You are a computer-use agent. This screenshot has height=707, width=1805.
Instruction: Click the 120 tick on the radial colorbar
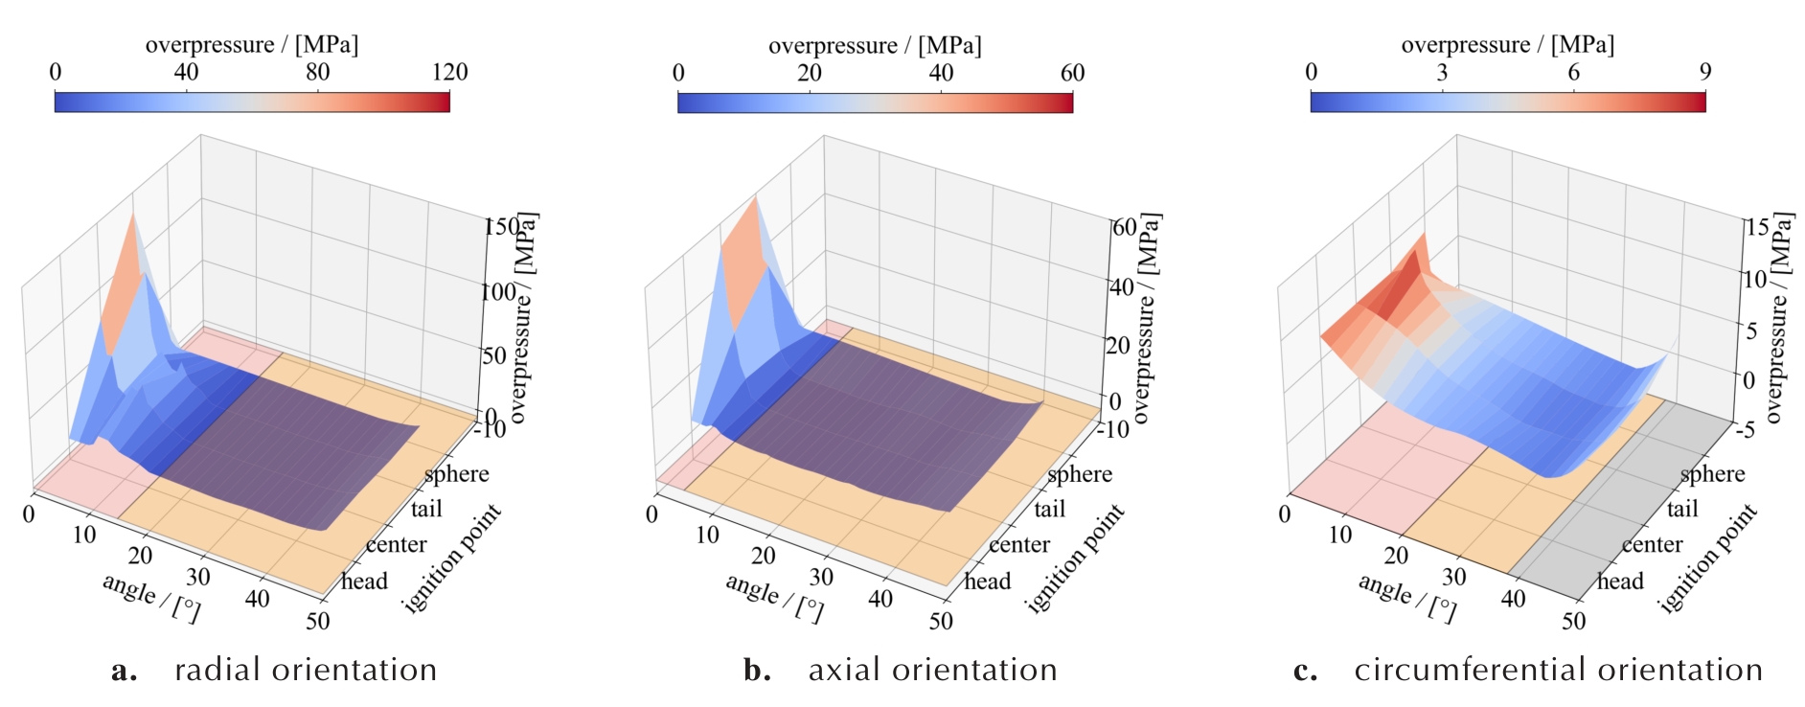click(x=449, y=73)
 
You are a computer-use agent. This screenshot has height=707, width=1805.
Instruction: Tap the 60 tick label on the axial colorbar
click(x=1072, y=73)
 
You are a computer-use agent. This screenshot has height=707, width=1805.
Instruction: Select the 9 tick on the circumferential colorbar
click(x=1705, y=73)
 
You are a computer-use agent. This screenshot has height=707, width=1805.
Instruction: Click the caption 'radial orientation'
click(x=306, y=670)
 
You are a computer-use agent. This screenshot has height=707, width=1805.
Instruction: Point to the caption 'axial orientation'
click(x=932, y=670)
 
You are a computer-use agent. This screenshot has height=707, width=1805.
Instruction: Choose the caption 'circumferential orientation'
click(x=1558, y=670)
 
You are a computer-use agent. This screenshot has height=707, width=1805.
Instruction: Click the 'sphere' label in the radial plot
click(x=457, y=474)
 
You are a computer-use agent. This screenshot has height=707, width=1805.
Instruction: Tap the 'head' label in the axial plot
click(x=988, y=582)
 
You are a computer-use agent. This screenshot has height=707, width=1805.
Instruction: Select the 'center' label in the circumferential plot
click(x=1652, y=545)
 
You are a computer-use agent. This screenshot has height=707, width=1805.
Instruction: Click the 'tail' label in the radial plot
click(x=426, y=509)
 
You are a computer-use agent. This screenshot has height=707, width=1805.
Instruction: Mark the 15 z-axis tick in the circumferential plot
click(x=1757, y=228)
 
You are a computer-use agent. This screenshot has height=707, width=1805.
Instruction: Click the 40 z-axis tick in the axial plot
click(x=1121, y=287)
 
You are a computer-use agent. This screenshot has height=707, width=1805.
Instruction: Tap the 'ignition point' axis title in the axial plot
click(x=1074, y=559)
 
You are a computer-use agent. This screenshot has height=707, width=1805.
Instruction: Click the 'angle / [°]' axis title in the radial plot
click(x=151, y=597)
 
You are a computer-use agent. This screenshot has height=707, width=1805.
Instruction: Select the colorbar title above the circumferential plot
click(x=1507, y=45)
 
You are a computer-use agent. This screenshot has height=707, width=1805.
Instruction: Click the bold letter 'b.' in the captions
click(x=757, y=670)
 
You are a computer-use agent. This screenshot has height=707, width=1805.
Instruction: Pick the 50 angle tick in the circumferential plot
click(x=1573, y=621)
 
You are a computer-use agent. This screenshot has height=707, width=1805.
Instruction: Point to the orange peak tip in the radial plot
click(x=132, y=216)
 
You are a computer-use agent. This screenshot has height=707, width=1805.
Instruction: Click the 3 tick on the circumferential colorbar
click(x=1442, y=73)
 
